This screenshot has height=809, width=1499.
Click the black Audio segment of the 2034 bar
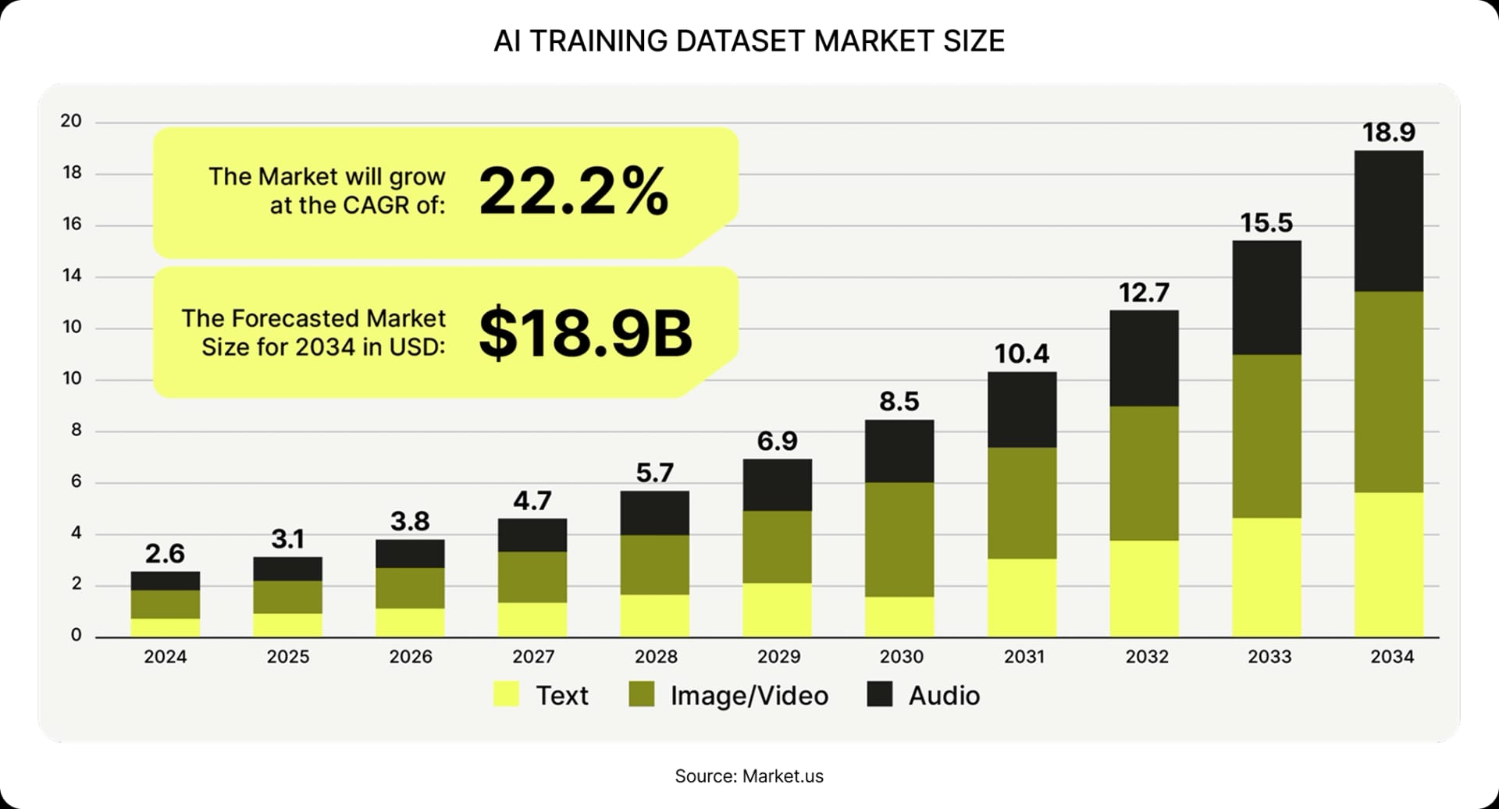(x=1388, y=221)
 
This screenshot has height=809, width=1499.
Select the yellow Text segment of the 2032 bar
(x=1144, y=588)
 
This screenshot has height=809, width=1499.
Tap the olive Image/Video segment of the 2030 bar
(x=899, y=539)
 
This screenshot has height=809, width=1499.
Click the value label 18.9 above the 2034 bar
(x=1388, y=133)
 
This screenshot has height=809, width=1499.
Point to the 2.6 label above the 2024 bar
(x=165, y=554)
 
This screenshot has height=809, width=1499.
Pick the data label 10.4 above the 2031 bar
(x=1021, y=354)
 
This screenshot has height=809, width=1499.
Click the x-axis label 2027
(x=532, y=657)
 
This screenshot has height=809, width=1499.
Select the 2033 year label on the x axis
(x=1269, y=657)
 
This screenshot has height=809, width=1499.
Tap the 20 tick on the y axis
(x=71, y=121)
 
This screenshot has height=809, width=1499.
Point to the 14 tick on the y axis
(x=72, y=275)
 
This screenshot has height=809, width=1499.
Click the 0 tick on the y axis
(x=76, y=635)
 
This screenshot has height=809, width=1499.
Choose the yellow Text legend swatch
(x=506, y=694)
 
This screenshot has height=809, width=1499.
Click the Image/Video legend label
(x=749, y=696)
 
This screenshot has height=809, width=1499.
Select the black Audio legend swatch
(x=879, y=694)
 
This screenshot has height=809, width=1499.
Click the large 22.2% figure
(x=573, y=191)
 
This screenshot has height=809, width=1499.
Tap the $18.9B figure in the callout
(x=585, y=334)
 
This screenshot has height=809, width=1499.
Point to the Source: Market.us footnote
(x=749, y=776)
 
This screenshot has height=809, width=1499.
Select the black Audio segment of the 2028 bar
(x=654, y=513)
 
